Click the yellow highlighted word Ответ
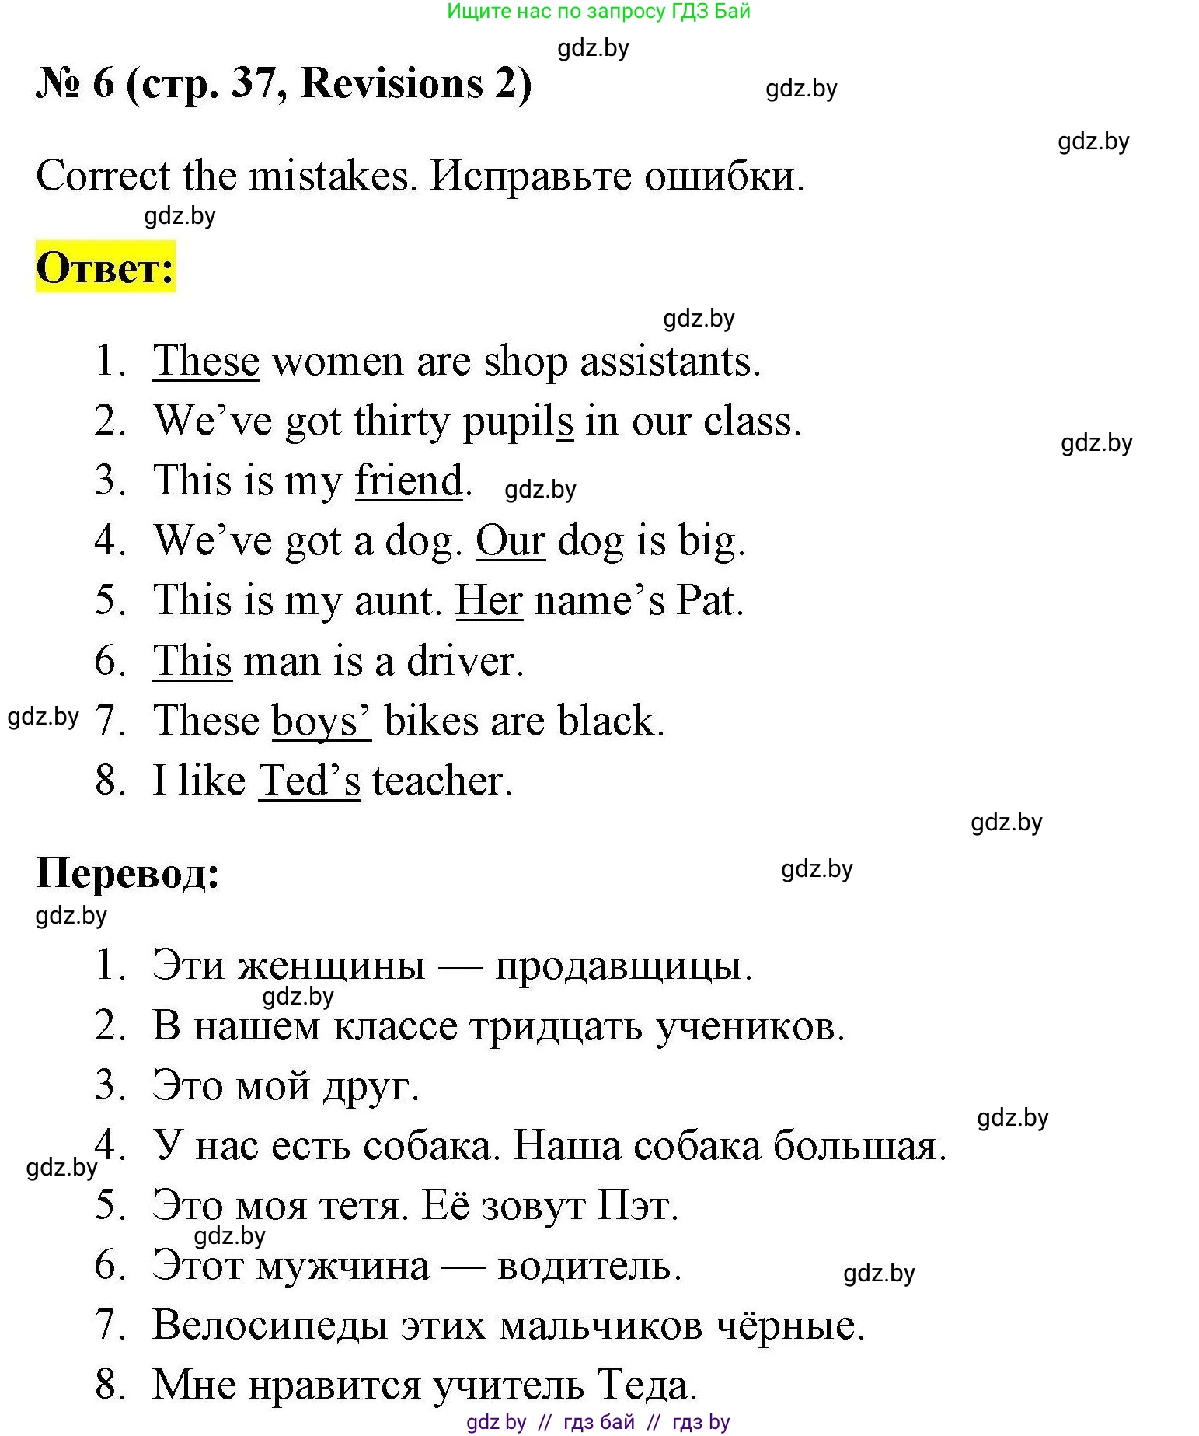[x=105, y=267]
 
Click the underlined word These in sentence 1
[x=206, y=362]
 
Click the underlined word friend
[x=409, y=480]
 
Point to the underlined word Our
[x=510, y=540]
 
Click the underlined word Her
[x=489, y=600]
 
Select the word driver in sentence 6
[x=464, y=661]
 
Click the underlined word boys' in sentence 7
[x=321, y=721]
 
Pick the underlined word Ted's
[x=309, y=781]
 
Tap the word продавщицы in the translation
[x=623, y=966]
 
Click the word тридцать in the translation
[x=556, y=1026]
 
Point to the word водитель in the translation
[x=588, y=1266]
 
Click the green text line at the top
[x=598, y=11]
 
